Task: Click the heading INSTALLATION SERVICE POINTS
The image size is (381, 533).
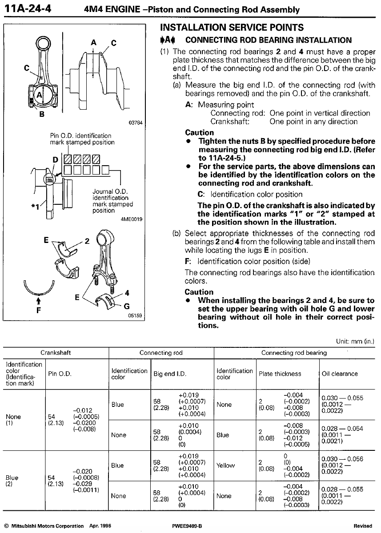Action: [232, 28]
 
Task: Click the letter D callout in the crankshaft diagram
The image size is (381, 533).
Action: [55, 159]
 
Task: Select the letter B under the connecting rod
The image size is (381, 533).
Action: [42, 114]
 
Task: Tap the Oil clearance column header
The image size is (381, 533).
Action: [340, 374]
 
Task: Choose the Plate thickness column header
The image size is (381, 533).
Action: [280, 374]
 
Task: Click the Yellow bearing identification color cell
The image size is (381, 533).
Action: [225, 465]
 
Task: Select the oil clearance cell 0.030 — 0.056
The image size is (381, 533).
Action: [342, 465]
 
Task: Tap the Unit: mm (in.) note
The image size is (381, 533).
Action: [356, 342]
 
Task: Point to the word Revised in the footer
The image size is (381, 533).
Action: [363, 525]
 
